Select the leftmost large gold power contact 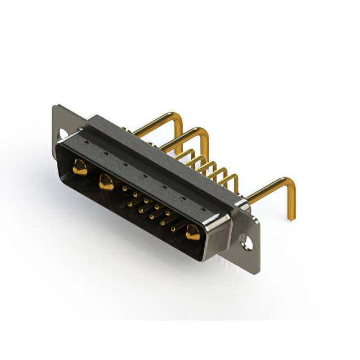click(x=80, y=167)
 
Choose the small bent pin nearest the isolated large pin click(x=231, y=179)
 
